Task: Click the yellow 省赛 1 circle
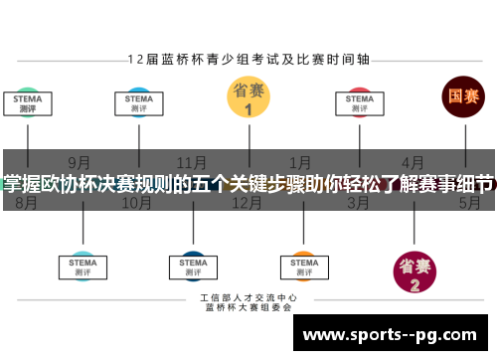tap(248, 98)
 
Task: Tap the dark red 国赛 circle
tap(463, 97)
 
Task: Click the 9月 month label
tap(81, 162)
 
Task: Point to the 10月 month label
tap(136, 203)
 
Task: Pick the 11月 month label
tap(192, 162)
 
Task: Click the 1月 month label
tap(301, 162)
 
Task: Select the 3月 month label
tap(359, 203)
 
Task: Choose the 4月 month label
tap(414, 162)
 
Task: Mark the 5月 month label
tap(469, 203)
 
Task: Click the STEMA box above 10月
tap(138, 102)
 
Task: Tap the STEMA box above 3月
tap(360, 102)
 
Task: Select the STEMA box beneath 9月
tap(83, 265)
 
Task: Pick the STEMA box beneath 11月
tap(193, 265)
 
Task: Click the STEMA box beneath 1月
tap(303, 265)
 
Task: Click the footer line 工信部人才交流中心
tap(248, 297)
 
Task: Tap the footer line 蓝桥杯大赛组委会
tap(248, 308)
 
